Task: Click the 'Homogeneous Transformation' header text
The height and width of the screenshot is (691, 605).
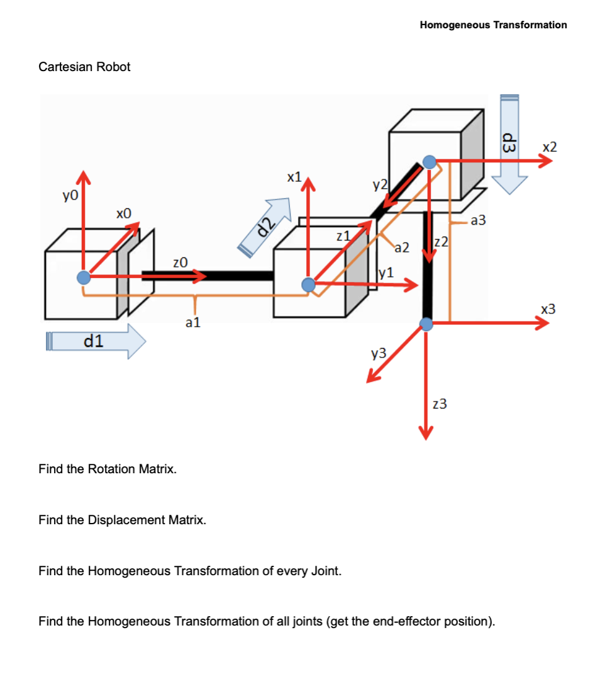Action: coord(493,25)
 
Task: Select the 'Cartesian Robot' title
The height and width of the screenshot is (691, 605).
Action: coord(84,67)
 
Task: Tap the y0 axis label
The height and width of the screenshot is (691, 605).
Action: coord(70,196)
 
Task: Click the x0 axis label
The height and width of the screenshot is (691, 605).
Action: coord(124,214)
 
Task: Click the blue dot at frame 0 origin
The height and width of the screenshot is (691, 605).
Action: coord(83,278)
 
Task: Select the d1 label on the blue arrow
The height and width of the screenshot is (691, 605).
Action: coord(94,342)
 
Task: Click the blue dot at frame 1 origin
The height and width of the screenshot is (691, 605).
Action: coord(308,285)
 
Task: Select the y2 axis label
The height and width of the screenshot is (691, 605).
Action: coord(379,184)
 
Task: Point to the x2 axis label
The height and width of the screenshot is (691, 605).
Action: coord(549,147)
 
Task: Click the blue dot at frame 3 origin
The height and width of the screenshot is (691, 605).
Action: coord(426,324)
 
